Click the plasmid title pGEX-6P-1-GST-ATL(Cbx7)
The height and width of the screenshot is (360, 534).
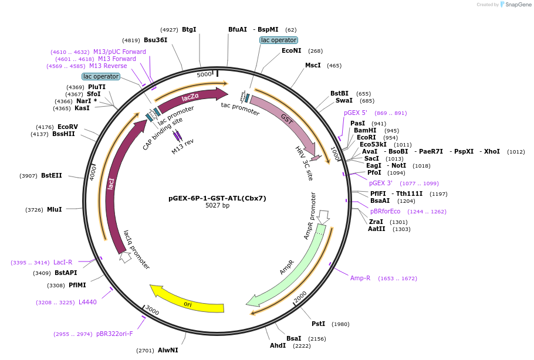pos(217,198)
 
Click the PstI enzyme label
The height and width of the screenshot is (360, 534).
pos(318,324)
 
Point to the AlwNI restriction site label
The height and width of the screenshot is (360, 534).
pos(167,350)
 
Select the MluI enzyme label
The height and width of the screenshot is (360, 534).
pos(54,209)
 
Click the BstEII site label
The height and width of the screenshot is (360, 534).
pos(51,175)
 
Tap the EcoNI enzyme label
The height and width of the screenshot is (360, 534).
pos(291,51)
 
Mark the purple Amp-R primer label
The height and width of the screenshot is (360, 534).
pos(360,278)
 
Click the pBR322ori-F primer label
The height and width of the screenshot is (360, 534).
pos(114,334)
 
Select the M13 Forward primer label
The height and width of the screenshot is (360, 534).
pos(117,59)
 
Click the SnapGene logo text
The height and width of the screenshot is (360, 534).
pos(518,4)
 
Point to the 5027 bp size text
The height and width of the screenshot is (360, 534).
pos(217,206)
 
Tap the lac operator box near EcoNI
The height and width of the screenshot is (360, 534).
pos(279,40)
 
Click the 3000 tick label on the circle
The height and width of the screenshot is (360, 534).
pos(153,310)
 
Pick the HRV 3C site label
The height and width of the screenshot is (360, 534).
pos(304,163)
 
